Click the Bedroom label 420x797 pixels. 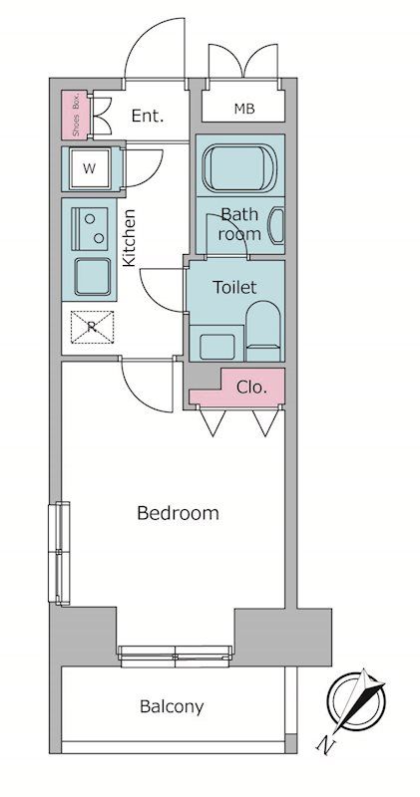coord(178,513)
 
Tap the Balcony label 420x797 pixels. coord(172,706)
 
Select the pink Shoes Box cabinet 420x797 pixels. coord(75,115)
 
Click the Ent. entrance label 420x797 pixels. coord(148,116)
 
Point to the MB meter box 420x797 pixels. coord(243,109)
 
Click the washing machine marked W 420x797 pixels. coord(90,168)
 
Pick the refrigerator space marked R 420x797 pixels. coord(92,327)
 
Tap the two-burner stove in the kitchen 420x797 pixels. coord(90,228)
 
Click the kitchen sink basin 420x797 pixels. coord(92,277)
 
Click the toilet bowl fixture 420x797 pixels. coord(262,331)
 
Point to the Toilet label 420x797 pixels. coord(234,287)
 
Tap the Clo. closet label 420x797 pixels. coord(251,388)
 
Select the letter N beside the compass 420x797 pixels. coord(323,744)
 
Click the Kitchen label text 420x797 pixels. coord(130,237)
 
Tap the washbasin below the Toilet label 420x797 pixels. coord(216,347)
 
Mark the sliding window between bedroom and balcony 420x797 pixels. coord(176,656)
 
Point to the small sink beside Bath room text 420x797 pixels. coord(277,225)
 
